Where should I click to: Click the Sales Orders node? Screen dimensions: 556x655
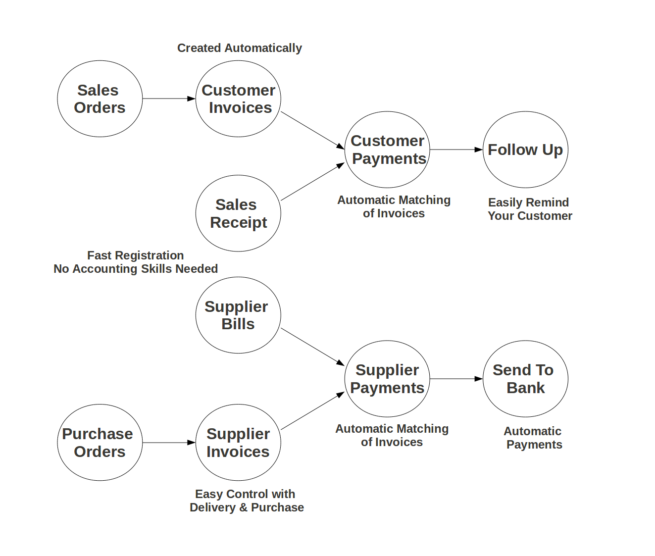pyautogui.click(x=100, y=99)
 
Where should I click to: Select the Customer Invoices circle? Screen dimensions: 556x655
pyautogui.click(x=238, y=99)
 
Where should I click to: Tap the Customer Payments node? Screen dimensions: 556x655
pyautogui.click(x=387, y=150)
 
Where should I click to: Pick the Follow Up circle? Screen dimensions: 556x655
pyautogui.click(x=525, y=150)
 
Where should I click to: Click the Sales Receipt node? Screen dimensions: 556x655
pyautogui.click(x=238, y=213)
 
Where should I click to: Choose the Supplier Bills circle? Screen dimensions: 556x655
pyautogui.click(x=238, y=315)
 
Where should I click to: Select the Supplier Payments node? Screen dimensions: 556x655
pyautogui.click(x=387, y=379)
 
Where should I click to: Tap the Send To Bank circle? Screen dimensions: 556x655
pyautogui.click(x=525, y=379)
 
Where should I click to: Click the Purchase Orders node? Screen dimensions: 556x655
pyautogui.click(x=100, y=443)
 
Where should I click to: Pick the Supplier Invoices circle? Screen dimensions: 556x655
pyautogui.click(x=238, y=443)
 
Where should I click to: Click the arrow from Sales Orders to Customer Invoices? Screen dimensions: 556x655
pyautogui.click(x=169, y=99)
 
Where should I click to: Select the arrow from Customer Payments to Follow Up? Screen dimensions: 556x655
pyautogui.click(x=456, y=150)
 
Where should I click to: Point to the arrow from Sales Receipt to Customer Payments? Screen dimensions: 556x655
pyautogui.click(x=312, y=182)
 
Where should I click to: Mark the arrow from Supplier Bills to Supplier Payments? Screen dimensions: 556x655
pyautogui.click(x=312, y=347)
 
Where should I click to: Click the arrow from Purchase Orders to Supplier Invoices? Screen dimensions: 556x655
pyautogui.click(x=169, y=443)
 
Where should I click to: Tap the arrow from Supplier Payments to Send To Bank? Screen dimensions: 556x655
pyautogui.click(x=456, y=379)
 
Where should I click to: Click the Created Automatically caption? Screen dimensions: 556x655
pyautogui.click(x=240, y=48)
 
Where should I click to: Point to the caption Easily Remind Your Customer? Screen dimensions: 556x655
pyautogui.click(x=529, y=209)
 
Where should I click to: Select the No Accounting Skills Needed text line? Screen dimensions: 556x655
pyautogui.click(x=136, y=269)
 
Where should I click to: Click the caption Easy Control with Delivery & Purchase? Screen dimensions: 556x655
pyautogui.click(x=247, y=501)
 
